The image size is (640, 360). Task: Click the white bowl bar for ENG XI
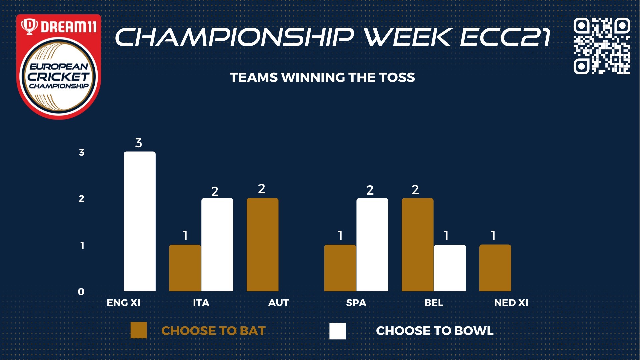140,221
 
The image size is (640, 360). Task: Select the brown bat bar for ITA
185,268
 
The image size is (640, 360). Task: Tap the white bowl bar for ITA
217,245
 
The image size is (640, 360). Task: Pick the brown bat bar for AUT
263,245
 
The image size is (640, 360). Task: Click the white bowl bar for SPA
372,245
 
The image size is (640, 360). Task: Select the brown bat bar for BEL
418,245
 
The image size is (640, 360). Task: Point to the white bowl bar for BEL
450,268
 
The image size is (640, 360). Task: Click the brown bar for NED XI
495,268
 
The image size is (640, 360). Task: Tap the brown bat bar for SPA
340,268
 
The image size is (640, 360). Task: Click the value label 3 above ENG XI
139,143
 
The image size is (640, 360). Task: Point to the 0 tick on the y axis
81,292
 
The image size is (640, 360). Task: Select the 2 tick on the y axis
82,199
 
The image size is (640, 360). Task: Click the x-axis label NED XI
511,303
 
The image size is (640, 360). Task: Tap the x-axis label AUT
279,303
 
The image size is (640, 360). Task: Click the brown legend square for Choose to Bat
139,330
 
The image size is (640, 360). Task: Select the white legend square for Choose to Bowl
338,331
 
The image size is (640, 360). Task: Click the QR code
602,46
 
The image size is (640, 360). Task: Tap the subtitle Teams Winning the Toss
322,77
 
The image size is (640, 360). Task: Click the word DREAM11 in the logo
69,27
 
